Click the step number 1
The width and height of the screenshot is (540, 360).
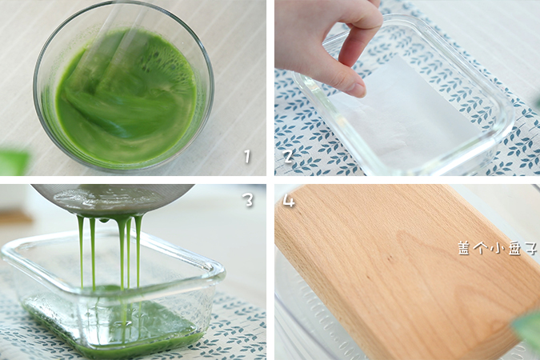[247, 157]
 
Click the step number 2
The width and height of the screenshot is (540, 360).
[288, 157]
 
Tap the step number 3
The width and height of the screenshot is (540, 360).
[248, 200]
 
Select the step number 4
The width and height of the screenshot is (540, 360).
[289, 200]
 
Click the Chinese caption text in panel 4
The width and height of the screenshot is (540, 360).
[498, 248]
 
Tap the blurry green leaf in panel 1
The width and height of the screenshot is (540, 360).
[14, 162]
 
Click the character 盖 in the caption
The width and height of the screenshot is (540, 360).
[464, 248]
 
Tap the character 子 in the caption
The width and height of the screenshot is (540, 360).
[530, 248]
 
